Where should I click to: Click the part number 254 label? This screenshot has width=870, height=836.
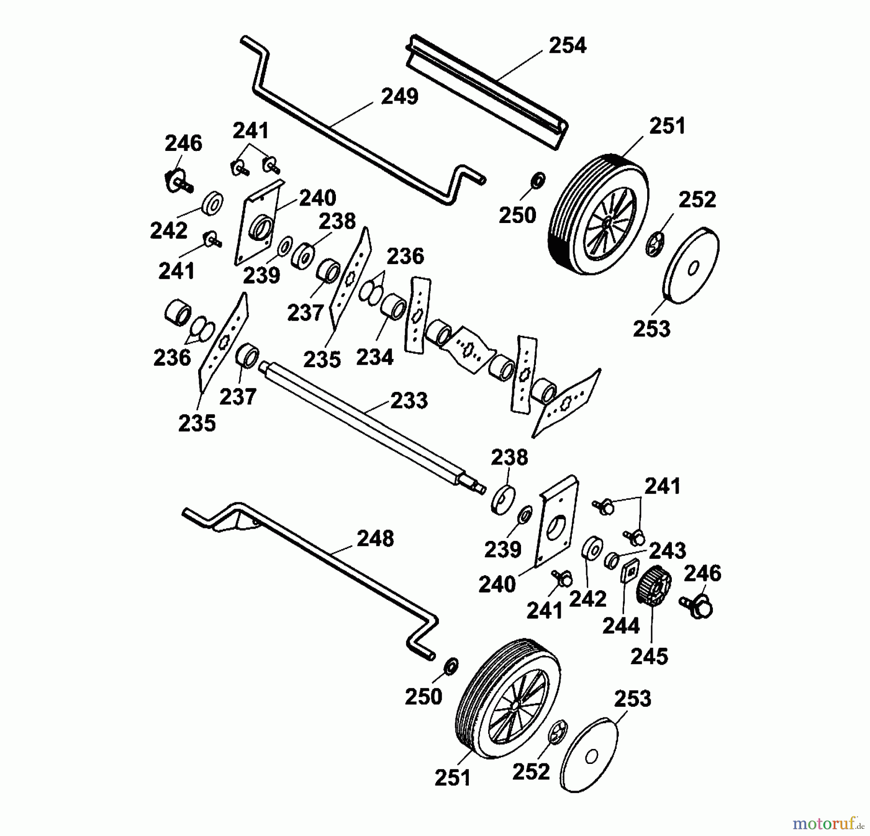tap(567, 45)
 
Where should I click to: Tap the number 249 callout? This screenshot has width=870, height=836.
tap(400, 96)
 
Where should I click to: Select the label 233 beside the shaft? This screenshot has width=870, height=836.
tap(409, 401)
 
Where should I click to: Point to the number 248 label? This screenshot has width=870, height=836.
tap(375, 538)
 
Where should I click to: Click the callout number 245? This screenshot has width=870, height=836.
tap(649, 657)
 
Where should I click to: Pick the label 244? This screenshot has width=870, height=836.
tap(621, 626)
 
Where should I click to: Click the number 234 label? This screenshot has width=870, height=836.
tap(375, 358)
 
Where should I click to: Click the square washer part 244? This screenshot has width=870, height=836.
tap(630, 571)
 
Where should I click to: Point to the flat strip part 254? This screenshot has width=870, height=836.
tap(487, 90)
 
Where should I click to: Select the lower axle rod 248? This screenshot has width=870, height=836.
tap(309, 581)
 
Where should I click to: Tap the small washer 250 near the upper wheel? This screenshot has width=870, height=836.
tap(537, 180)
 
